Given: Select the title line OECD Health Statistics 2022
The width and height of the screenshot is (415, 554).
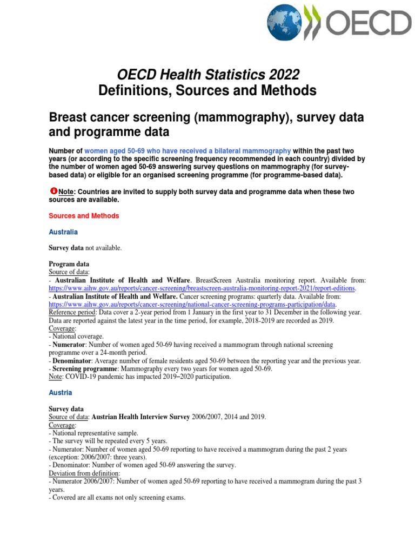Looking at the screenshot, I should [207, 74].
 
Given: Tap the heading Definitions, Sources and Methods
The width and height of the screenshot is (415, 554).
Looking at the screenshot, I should [207, 90].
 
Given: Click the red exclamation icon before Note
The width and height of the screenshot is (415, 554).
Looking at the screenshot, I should [53, 192].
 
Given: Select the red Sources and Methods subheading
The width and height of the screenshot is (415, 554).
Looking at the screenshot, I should [84, 215].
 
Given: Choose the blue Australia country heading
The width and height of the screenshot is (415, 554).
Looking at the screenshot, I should [63, 232].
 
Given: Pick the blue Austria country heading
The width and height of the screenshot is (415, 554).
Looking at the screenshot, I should [61, 392].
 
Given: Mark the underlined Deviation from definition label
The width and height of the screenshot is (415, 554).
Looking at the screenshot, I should [84, 473].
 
